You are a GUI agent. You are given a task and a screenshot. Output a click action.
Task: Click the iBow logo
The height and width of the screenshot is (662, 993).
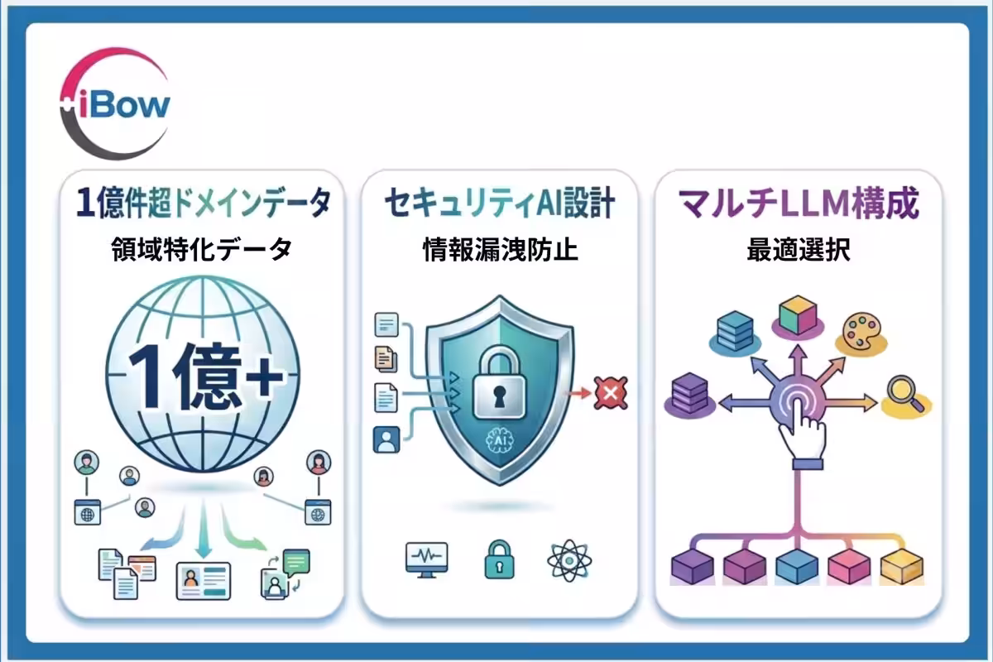[115, 103]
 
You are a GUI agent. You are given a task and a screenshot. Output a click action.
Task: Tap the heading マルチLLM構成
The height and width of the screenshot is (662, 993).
[798, 203]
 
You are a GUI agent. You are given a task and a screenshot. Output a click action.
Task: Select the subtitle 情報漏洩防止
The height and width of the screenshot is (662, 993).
[501, 250]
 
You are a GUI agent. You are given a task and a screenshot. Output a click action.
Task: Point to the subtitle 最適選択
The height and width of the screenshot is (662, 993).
[799, 250]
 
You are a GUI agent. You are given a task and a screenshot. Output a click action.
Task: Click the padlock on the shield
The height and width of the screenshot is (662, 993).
[499, 382]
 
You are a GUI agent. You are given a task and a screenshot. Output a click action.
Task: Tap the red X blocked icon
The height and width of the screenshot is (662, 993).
[611, 393]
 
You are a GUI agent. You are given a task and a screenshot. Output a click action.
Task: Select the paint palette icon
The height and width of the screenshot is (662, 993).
[861, 332]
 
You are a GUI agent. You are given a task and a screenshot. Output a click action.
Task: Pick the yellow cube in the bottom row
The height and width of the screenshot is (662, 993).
[902, 566]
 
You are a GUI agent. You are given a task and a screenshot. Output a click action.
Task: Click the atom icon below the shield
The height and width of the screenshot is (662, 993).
[569, 560]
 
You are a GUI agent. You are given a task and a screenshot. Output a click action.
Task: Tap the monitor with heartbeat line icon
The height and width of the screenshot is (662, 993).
[426, 559]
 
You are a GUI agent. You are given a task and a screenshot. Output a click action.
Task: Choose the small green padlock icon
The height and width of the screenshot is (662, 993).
[499, 559]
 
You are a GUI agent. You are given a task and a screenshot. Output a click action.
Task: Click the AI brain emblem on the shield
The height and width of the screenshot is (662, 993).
[500, 442]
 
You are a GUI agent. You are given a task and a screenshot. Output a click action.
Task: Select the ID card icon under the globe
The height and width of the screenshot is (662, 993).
[204, 581]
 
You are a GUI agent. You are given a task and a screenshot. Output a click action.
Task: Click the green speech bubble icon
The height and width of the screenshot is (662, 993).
[296, 562]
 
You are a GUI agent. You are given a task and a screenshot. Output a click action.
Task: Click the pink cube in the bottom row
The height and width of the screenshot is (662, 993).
[849, 566]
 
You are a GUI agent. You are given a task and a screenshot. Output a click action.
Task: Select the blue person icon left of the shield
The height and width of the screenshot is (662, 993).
[386, 439]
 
